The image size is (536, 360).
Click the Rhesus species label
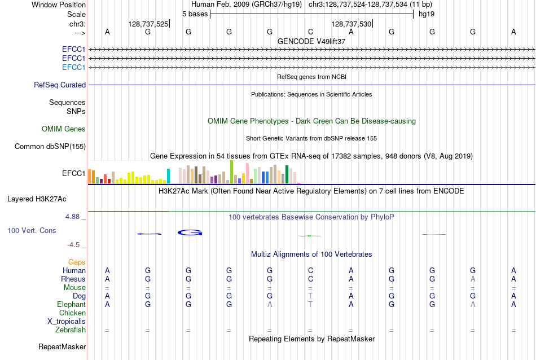(73, 279)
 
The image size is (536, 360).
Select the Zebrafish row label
(71, 330)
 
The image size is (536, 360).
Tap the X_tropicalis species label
(67, 322)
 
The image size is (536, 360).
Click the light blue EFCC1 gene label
(73, 67)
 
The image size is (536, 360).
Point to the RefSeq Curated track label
(60, 85)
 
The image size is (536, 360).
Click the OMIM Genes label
(64, 129)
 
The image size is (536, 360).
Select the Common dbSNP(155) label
(50, 146)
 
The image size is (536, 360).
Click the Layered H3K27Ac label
(37, 199)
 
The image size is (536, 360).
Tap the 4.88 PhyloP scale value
(72, 217)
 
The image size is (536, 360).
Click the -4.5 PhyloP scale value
(73, 245)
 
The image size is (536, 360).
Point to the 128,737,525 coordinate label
(148, 24)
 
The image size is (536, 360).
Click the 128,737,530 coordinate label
(352, 24)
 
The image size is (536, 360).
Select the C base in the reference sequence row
(310, 32)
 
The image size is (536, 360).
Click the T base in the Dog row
(310, 296)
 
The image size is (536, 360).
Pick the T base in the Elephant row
(310, 304)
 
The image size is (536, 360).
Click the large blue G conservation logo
(190, 233)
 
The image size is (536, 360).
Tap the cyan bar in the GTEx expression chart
(168, 176)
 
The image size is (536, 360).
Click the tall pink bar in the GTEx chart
(248, 173)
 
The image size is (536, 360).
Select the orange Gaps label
(77, 262)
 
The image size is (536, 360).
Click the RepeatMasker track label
(62, 346)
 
